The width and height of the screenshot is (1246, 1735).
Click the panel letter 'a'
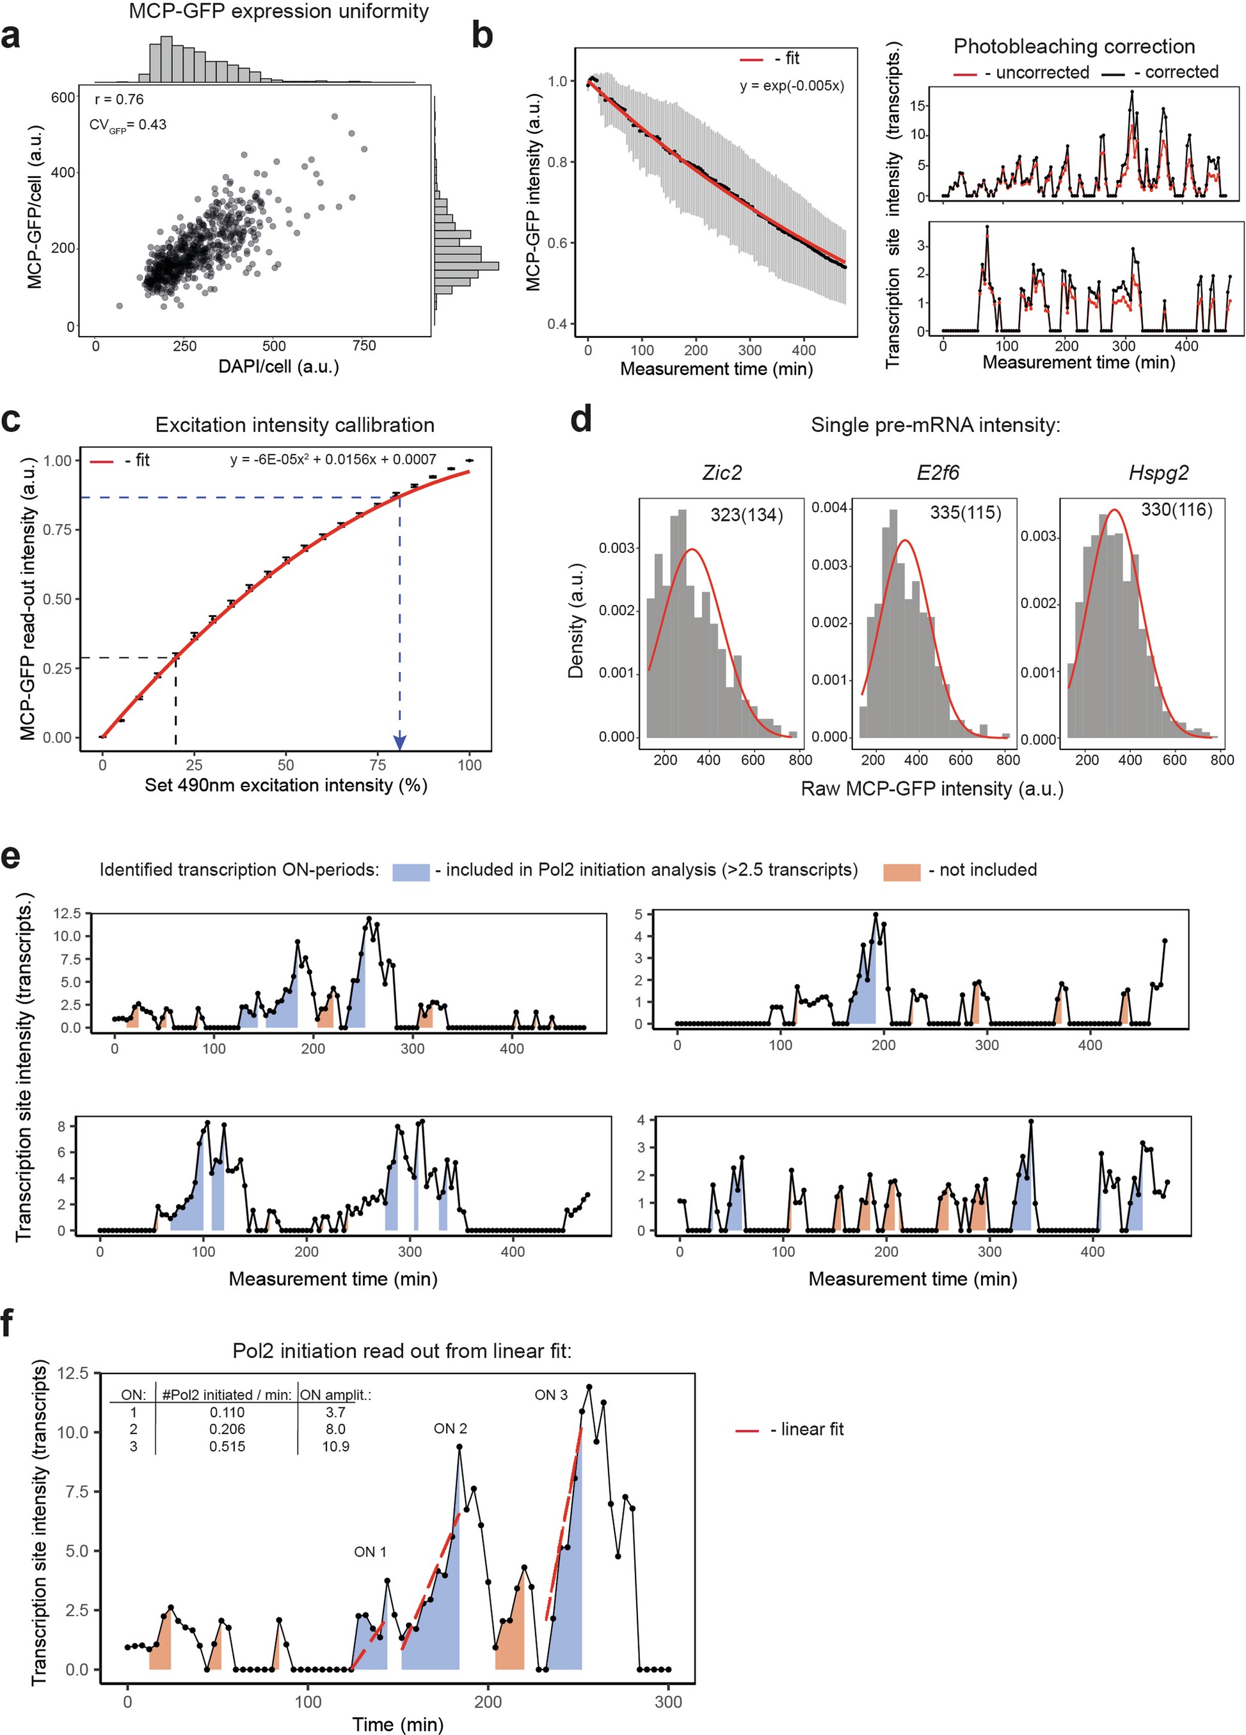[x=11, y=36]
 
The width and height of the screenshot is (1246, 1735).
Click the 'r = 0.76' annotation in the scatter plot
[x=118, y=99]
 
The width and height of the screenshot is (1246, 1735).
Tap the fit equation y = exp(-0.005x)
[x=792, y=86]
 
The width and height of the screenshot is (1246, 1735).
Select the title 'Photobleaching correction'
[x=1073, y=47]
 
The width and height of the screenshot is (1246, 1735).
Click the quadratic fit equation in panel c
[x=333, y=460]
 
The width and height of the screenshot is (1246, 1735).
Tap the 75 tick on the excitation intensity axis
[x=377, y=765]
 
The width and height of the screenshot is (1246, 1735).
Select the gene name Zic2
[x=721, y=474]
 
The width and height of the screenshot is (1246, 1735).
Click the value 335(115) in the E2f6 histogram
[x=965, y=513]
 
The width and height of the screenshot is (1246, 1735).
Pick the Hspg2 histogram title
[x=1158, y=474]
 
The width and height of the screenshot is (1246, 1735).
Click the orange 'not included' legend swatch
[x=901, y=871]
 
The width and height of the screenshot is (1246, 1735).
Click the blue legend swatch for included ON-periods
[x=411, y=871]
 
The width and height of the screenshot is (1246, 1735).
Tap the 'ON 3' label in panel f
[x=551, y=1395]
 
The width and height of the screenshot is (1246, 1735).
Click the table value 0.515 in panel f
[x=227, y=1446]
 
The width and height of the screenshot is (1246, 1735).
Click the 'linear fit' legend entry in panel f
[x=811, y=1429]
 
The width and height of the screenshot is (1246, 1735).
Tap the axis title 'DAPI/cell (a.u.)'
[x=278, y=367]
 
